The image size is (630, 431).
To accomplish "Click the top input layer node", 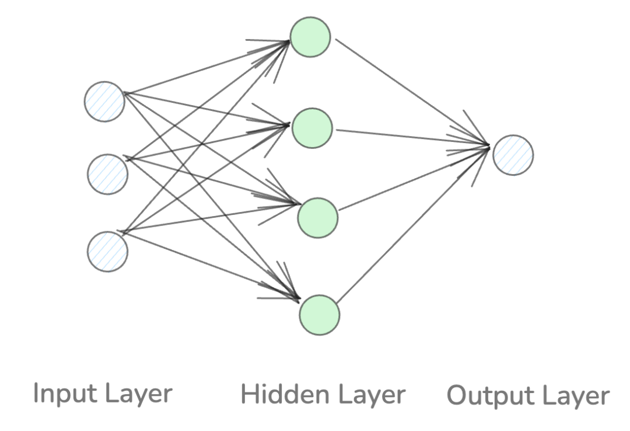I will pos(104,102).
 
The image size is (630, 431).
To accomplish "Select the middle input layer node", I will pos(107,174).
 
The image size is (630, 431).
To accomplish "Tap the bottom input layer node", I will pos(107,251).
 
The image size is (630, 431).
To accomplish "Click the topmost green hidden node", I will pos(310,37).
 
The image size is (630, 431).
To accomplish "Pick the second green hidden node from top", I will pos(312,127).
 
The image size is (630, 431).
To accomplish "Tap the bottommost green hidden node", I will pos(319,315).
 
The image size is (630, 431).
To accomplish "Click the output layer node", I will pos(513,155).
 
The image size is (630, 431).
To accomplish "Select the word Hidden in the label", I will pos(274,395).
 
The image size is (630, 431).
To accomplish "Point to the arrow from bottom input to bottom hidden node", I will pos(210,266).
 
